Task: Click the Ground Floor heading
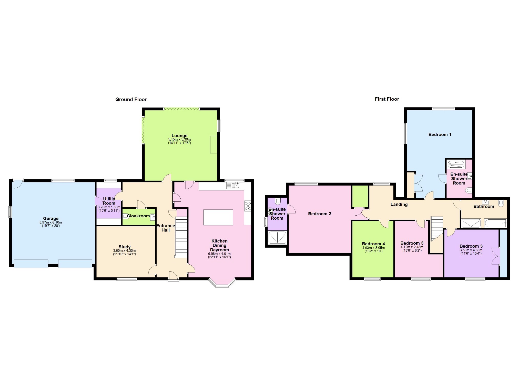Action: [x=131, y=99]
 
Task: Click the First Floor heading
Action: [x=386, y=99]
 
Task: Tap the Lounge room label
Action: [x=179, y=135]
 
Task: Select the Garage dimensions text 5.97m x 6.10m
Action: [x=51, y=222]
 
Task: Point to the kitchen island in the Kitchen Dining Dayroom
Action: [x=218, y=217]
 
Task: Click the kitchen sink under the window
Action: [x=233, y=186]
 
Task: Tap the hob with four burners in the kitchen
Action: [x=248, y=206]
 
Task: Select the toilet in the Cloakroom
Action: [x=126, y=216]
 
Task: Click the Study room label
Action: [x=124, y=247]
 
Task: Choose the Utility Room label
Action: [x=109, y=201]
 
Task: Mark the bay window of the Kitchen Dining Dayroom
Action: [x=222, y=283]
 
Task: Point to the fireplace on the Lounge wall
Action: [x=213, y=144]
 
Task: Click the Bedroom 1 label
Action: [x=440, y=134]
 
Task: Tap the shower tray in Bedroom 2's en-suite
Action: [x=277, y=238]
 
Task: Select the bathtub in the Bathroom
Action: [x=495, y=223]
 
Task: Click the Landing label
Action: [x=399, y=205]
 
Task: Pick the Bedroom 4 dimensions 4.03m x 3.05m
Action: [x=373, y=248]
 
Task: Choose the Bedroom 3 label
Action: [x=471, y=246]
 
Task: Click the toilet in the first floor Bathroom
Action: [x=501, y=203]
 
